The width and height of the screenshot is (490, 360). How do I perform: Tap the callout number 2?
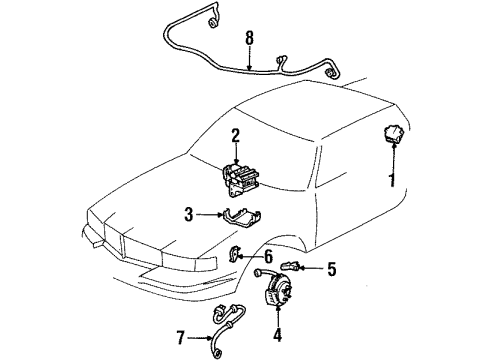236,136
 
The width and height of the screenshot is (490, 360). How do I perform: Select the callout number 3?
188,213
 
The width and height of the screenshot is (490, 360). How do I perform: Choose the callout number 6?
267,257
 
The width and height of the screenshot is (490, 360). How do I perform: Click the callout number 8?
248,39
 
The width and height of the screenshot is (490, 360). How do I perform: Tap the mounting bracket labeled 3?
229,222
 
